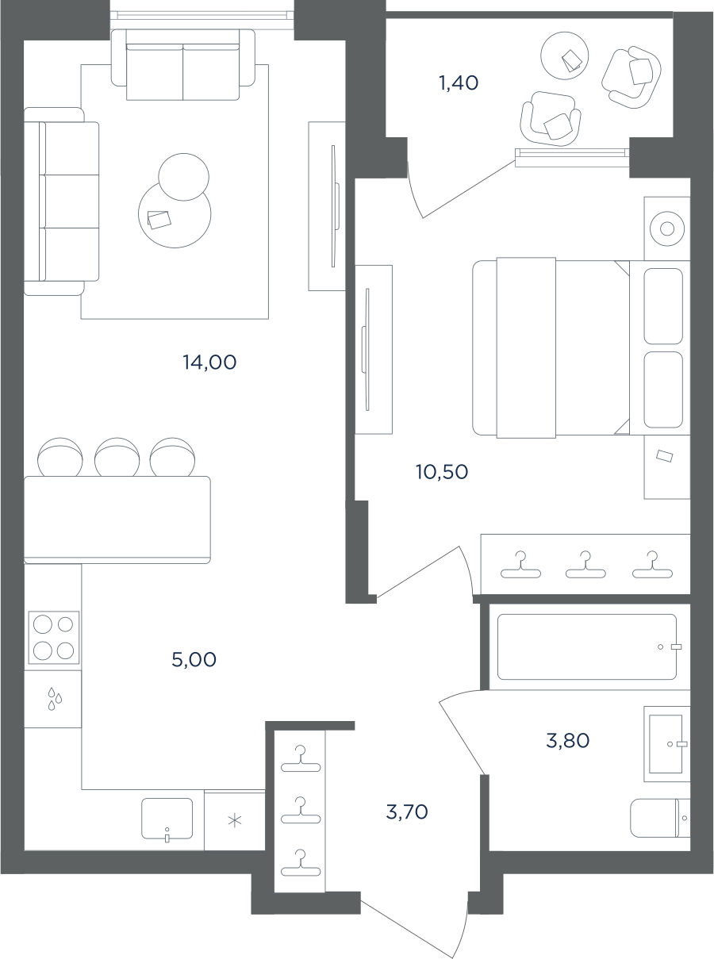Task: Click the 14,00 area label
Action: (209, 363)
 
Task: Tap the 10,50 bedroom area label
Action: (442, 472)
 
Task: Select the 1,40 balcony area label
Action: (459, 82)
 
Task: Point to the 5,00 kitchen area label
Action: (194, 659)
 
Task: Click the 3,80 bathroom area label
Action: (567, 741)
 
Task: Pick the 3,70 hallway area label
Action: (406, 811)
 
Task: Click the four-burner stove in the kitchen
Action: (54, 637)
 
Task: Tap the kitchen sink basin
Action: (167, 819)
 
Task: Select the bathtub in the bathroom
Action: (587, 646)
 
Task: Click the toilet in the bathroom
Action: (660, 818)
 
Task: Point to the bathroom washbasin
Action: (666, 744)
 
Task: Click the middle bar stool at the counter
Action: (117, 458)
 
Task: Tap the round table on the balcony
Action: (564, 56)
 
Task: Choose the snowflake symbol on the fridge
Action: (234, 820)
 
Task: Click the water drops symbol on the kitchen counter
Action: (55, 699)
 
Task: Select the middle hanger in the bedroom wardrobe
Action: (585, 565)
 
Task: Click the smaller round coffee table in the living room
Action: (184, 177)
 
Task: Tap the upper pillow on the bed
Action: (663, 306)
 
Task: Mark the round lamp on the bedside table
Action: (667, 228)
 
